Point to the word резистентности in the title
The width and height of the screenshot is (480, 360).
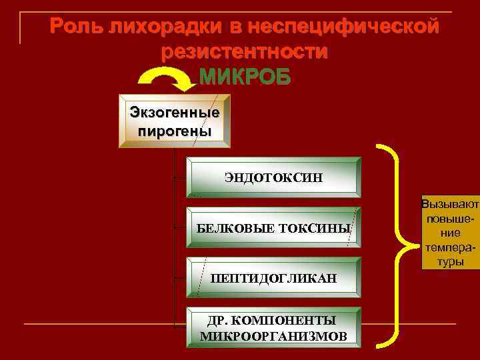pos(245,52)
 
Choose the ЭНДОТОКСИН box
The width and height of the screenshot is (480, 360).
pos(273,177)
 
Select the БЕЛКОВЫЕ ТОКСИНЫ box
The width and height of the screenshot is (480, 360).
pos(273,228)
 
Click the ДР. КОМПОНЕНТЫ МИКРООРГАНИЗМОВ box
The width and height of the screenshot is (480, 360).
pos(273,327)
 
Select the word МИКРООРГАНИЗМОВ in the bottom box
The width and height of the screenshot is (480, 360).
pos(273,335)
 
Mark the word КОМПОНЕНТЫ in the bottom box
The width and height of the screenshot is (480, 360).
pos(290,320)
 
